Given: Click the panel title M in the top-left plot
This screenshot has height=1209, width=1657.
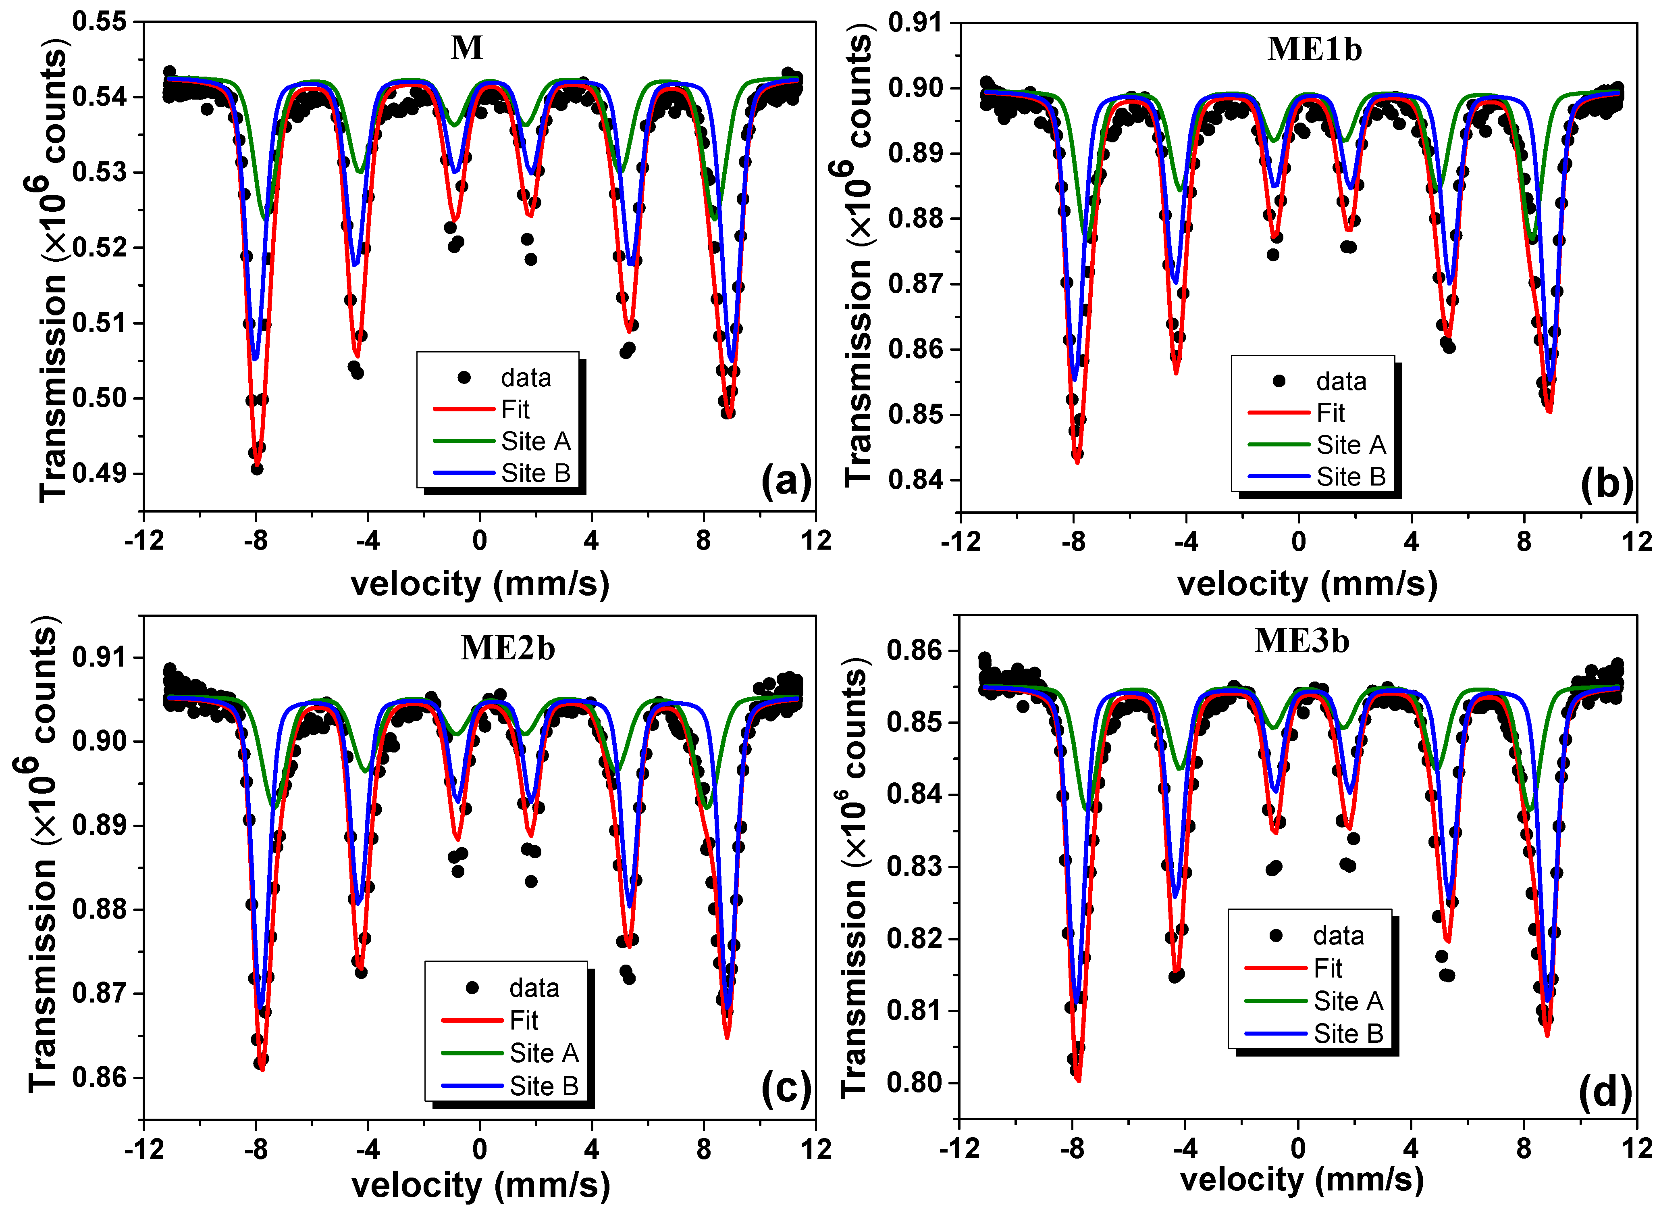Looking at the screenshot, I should point(467,48).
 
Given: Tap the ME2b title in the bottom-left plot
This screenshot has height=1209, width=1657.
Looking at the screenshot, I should point(508,648).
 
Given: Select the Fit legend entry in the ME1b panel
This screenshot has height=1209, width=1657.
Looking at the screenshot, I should point(1330,413).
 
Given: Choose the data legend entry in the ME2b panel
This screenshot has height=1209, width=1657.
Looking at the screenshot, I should point(533,988).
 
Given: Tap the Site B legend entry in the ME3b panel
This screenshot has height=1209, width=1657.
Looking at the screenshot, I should point(1347,1033).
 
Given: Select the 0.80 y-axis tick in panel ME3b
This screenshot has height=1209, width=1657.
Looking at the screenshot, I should point(915,1082).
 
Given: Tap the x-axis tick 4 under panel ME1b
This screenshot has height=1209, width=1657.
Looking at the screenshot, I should point(1411,542).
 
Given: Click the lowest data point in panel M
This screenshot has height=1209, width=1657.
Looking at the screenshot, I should point(257,468).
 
